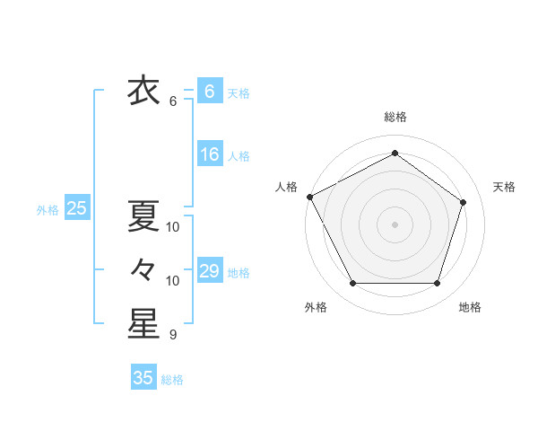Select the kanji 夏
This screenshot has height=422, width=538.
143,216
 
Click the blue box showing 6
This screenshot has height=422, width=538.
209,92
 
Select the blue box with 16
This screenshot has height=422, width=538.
210,154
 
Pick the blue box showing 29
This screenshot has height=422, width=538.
210,271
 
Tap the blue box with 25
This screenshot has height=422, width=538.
76,208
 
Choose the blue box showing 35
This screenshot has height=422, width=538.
143,378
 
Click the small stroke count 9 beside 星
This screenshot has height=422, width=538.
173,335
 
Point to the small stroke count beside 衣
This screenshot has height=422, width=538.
173,101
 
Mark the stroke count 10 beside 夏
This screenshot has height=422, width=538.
173,227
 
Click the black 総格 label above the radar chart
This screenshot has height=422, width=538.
395,117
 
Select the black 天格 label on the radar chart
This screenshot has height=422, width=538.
504,187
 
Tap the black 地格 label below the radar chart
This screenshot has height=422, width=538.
470,307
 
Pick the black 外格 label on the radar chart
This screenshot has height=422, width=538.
316,307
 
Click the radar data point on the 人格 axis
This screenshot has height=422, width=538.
309,197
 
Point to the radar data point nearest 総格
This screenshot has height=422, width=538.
395,154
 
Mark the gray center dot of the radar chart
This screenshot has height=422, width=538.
395,224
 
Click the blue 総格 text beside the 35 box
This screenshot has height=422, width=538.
172,380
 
